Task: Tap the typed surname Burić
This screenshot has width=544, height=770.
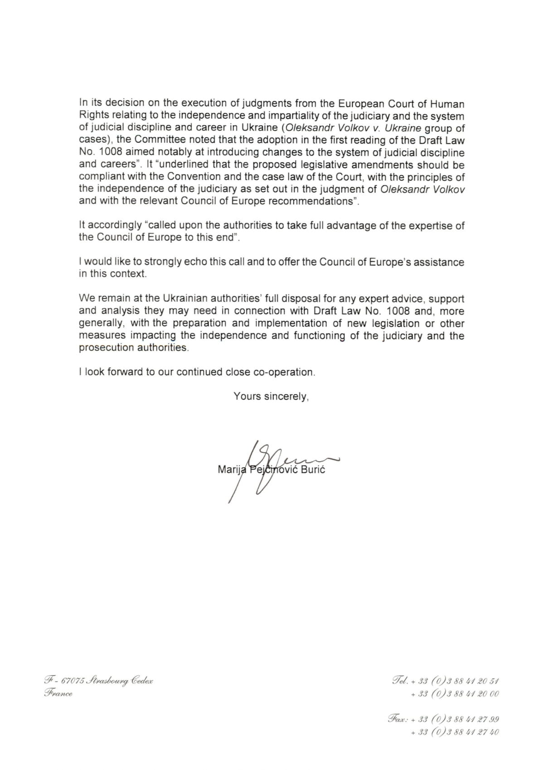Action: click(313, 469)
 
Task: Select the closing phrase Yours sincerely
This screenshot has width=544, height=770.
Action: click(271, 396)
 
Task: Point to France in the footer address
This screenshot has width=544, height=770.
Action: click(58, 693)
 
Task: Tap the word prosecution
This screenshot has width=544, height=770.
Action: click(103, 348)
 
